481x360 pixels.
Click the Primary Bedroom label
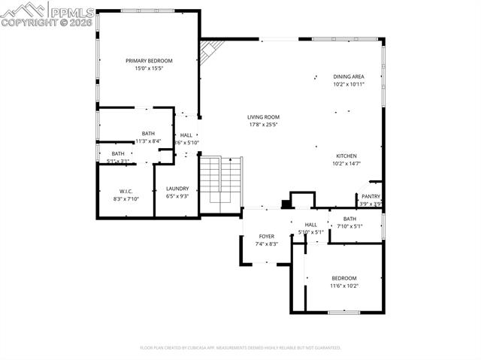[x=149, y=61]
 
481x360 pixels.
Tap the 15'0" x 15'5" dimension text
[x=149, y=68]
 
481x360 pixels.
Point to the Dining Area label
[x=349, y=76]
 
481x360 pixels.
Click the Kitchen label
[x=346, y=156]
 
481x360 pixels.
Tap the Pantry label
[x=371, y=196]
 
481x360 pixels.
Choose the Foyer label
[x=266, y=236]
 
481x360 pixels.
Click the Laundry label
[x=177, y=189]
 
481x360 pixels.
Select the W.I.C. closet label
[x=126, y=191]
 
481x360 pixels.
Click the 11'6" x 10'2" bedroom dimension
[x=344, y=286]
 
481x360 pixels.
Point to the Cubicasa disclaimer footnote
[x=240, y=348]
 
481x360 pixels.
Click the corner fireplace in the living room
[x=210, y=51]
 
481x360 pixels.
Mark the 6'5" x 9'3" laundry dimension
[x=177, y=196]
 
